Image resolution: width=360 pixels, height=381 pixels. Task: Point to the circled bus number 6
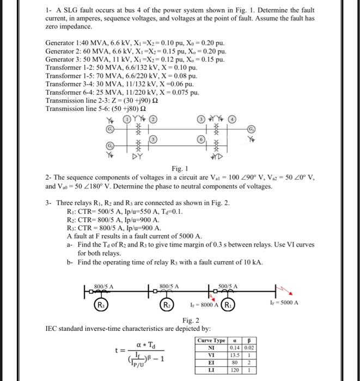tap(201, 139)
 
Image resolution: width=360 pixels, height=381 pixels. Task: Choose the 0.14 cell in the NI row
tap(235, 347)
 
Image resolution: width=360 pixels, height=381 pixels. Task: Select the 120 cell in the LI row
tap(235, 368)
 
